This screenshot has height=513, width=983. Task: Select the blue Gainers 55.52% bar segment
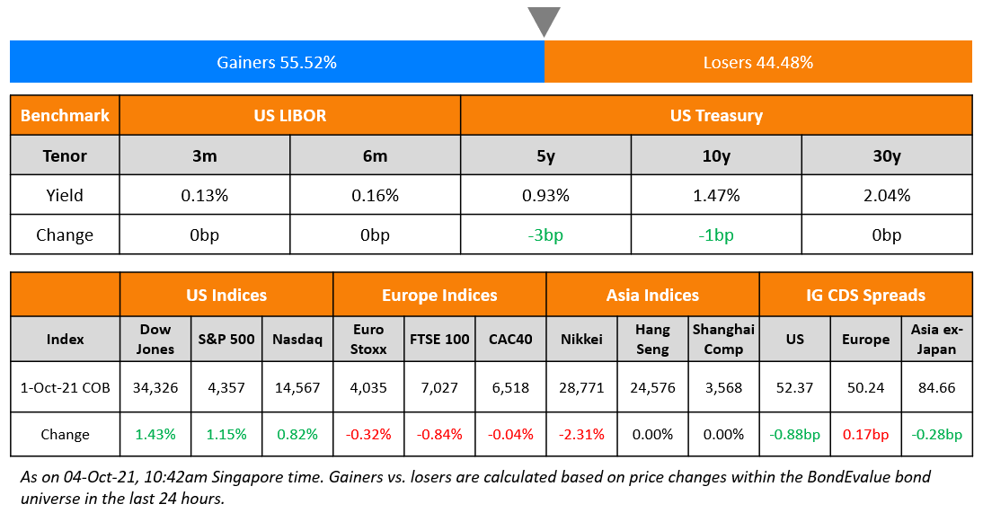pyautogui.click(x=277, y=62)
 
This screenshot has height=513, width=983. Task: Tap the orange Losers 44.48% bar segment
pyautogui.click(x=757, y=62)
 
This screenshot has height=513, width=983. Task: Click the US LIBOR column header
pyautogui.click(x=289, y=115)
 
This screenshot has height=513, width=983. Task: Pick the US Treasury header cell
pyautogui.click(x=715, y=115)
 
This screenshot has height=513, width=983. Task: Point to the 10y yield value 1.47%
pyautogui.click(x=715, y=195)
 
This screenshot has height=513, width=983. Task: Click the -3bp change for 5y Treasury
pyautogui.click(x=545, y=235)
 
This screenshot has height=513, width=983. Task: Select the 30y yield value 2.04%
pyautogui.click(x=886, y=195)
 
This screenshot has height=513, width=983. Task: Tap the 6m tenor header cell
pyautogui.click(x=375, y=155)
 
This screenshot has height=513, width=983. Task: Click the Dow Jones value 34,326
pyautogui.click(x=155, y=388)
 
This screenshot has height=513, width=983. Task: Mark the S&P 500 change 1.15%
pyautogui.click(x=226, y=434)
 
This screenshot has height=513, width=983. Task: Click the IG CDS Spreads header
pyautogui.click(x=865, y=295)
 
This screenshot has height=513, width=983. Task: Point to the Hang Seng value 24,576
pyautogui.click(x=652, y=388)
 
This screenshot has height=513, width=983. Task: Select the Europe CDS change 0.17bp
pyautogui.click(x=865, y=434)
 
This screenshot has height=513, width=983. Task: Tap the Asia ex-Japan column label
pyautogui.click(x=936, y=340)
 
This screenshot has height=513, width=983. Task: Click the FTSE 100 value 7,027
pyautogui.click(x=439, y=388)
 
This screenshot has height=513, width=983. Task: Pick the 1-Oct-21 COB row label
pyautogui.click(x=65, y=388)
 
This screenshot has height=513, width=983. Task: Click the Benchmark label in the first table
pyautogui.click(x=65, y=115)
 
